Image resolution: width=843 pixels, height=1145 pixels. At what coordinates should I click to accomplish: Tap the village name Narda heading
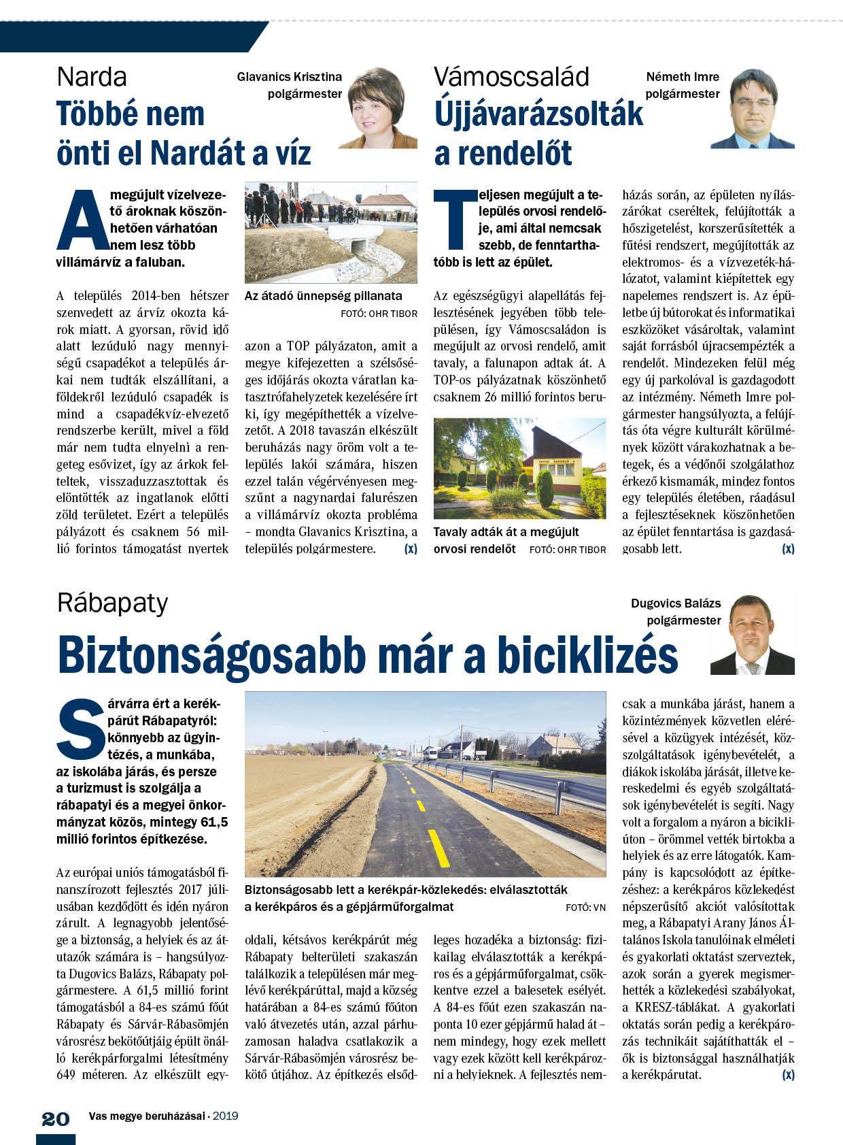(92, 77)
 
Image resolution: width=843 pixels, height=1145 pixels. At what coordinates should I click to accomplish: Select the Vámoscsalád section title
(511, 77)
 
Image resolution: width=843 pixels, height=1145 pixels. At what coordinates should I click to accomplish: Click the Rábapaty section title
(112, 603)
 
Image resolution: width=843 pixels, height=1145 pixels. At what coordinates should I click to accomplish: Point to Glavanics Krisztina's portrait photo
(378, 108)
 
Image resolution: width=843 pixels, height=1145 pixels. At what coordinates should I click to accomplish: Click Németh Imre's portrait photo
(753, 109)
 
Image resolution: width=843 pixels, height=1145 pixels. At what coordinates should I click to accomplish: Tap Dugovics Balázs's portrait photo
(753, 635)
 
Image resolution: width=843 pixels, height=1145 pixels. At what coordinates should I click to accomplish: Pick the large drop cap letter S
(81, 729)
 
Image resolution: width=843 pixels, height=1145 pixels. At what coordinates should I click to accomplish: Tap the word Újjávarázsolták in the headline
(538, 114)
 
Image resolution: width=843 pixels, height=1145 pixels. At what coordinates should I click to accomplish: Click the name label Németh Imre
(683, 77)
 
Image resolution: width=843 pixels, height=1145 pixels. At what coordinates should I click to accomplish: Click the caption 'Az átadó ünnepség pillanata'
(323, 296)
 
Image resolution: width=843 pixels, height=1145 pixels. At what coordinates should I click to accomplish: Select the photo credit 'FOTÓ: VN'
(585, 908)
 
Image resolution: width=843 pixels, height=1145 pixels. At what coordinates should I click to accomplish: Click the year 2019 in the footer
(225, 1116)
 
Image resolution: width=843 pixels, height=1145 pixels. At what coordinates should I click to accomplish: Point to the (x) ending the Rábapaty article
(788, 1075)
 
